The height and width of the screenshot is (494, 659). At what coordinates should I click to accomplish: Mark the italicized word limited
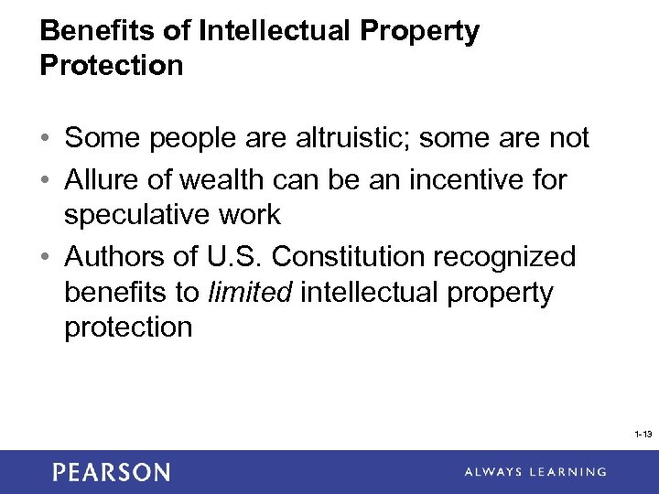coord(251,293)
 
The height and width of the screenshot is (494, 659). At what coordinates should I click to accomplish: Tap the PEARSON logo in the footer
coord(111,472)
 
